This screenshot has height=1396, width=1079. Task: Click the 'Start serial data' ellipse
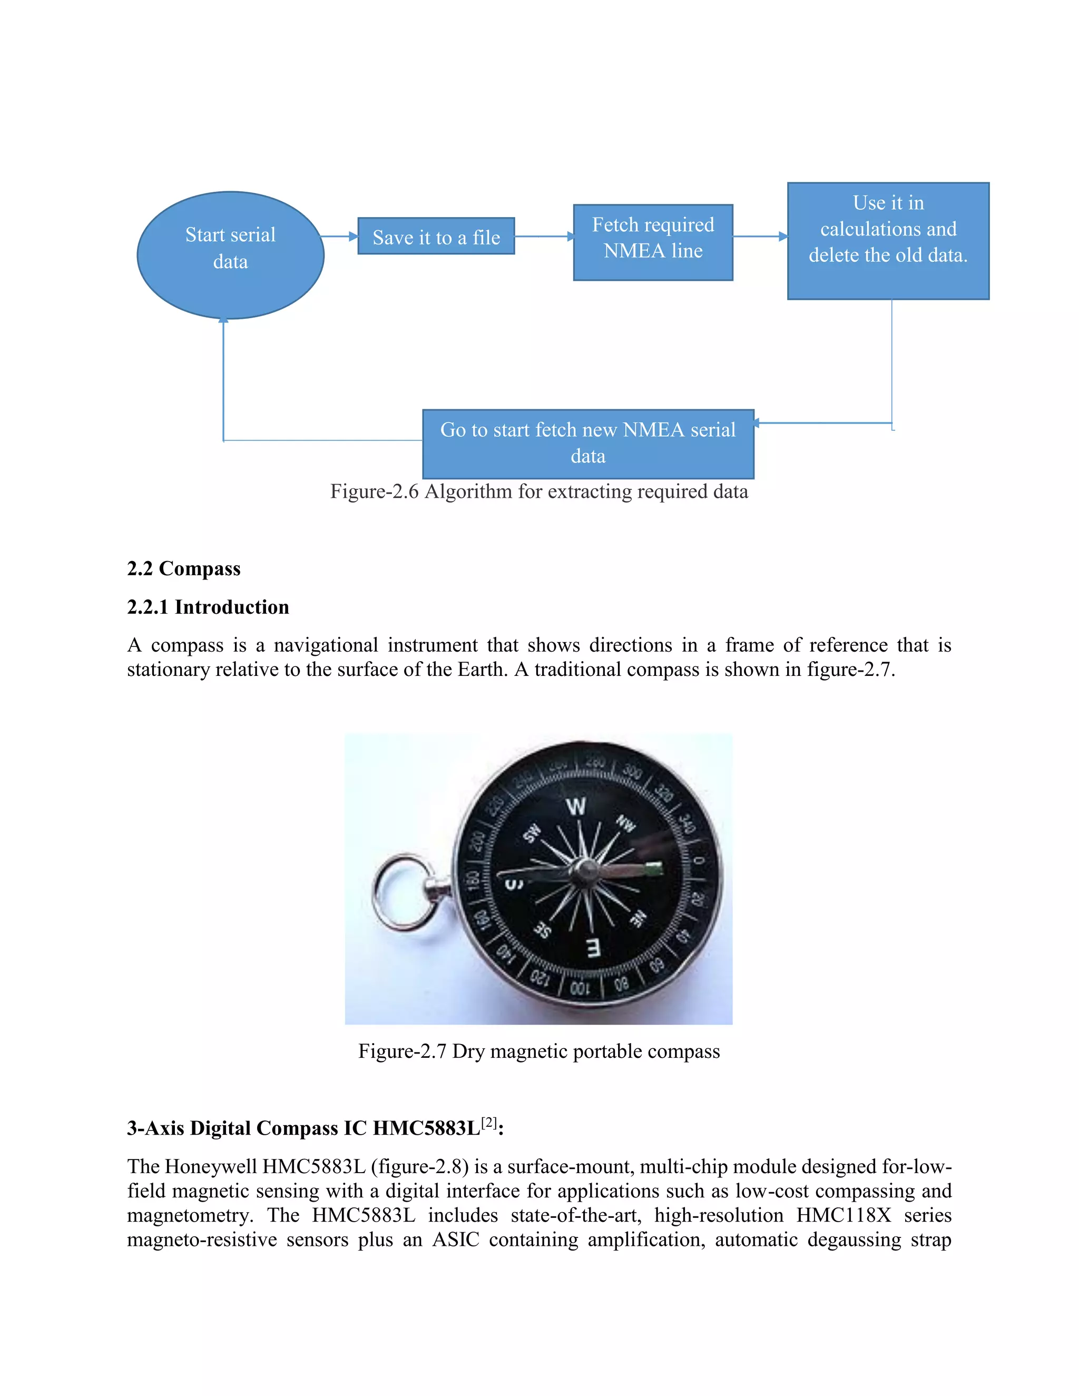pyautogui.click(x=230, y=254)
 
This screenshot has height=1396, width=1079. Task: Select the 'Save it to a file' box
pyautogui.click(x=436, y=237)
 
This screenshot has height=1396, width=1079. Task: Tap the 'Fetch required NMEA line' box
pyautogui.click(x=653, y=242)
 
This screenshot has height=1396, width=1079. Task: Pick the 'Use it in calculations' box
pyautogui.click(x=888, y=240)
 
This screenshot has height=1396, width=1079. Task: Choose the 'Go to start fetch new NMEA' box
pyautogui.click(x=588, y=444)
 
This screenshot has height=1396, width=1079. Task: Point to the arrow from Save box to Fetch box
pyautogui.click(x=544, y=237)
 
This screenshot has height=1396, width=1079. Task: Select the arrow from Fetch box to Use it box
pyautogui.click(x=760, y=237)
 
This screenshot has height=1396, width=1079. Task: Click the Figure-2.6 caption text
pyautogui.click(x=539, y=491)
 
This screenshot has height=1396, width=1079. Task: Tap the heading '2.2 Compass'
pyautogui.click(x=183, y=568)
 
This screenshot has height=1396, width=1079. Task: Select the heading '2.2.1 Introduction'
pyautogui.click(x=208, y=606)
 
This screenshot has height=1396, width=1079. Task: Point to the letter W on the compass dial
pyautogui.click(x=576, y=806)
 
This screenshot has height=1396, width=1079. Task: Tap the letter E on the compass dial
pyautogui.click(x=594, y=948)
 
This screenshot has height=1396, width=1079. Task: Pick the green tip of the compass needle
pyautogui.click(x=654, y=868)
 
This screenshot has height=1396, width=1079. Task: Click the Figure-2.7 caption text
pyautogui.click(x=539, y=1051)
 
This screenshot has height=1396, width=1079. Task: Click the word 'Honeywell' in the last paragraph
pyautogui.click(x=211, y=1166)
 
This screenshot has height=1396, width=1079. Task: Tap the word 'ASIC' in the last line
pyautogui.click(x=455, y=1240)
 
